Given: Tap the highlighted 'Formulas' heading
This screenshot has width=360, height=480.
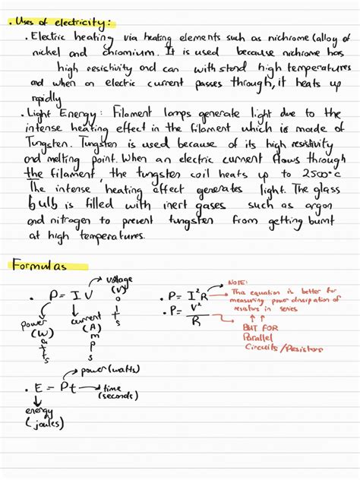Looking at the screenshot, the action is (39, 265).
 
